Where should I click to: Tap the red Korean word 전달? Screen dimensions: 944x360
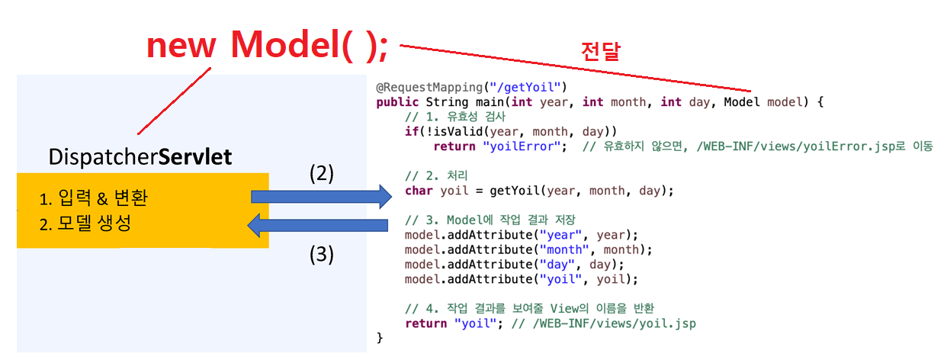[601, 51]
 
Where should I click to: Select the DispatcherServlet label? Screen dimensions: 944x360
[140, 158]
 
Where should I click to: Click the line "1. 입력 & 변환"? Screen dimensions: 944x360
[93, 199]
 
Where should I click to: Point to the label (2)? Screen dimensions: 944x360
[322, 173]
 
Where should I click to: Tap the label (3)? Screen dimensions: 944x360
[322, 254]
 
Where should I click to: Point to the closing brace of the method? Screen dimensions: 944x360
[380, 338]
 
